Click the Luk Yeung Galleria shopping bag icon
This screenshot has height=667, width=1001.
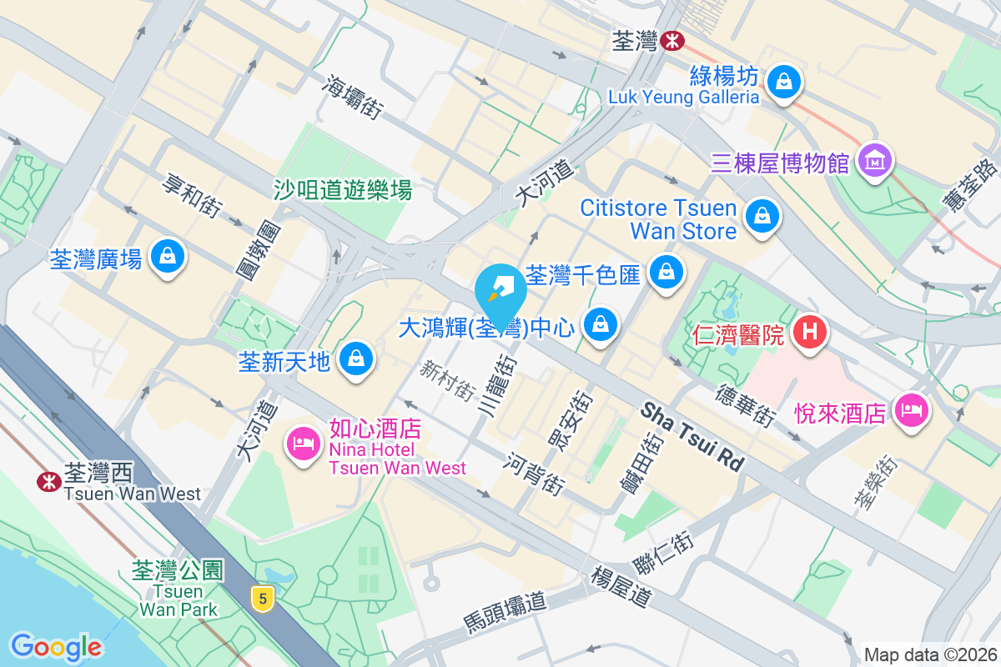(784, 82)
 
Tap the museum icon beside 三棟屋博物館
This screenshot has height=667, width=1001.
(875, 160)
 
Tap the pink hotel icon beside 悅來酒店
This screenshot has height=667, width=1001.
(911, 409)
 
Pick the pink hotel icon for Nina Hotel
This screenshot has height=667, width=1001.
(303, 442)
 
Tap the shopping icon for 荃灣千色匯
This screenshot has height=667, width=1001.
(666, 271)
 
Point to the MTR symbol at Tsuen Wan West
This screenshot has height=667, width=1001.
(48, 479)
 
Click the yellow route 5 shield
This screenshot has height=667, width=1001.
(263, 597)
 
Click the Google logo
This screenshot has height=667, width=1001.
(56, 646)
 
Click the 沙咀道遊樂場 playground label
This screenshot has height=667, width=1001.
(343, 190)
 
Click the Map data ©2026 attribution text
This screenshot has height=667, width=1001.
(930, 654)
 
